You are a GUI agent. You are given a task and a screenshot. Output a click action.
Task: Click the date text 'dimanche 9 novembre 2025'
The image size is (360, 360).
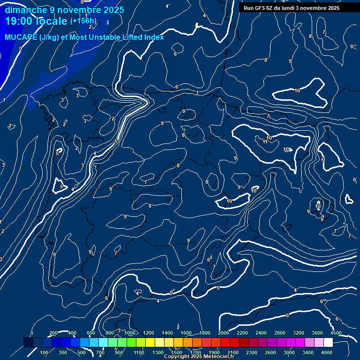click(x=64, y=10)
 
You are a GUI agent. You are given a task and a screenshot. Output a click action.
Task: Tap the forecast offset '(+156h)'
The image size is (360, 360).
click(x=83, y=21)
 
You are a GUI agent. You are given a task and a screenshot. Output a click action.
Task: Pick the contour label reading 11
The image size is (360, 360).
click(x=265, y=142)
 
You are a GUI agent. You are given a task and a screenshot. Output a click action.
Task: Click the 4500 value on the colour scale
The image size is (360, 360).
click(x=336, y=333)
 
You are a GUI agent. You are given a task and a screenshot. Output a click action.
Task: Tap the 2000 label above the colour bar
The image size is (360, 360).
click(x=224, y=333)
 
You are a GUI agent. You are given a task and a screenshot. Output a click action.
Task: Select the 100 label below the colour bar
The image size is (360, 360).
click(x=45, y=352)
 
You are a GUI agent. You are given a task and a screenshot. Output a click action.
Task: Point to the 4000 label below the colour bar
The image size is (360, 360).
click(x=327, y=352)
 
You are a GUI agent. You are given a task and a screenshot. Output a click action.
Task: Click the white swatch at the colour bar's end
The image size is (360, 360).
click(x=328, y=343)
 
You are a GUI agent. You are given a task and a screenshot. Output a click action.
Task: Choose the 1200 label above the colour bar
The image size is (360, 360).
click(x=148, y=333)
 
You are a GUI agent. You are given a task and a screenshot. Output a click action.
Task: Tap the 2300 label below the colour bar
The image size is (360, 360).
click(x=252, y=352)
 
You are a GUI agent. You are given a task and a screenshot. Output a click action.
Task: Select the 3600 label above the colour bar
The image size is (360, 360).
click(x=317, y=333)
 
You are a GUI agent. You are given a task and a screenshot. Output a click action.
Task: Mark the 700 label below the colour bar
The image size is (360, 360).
click(x=100, y=352)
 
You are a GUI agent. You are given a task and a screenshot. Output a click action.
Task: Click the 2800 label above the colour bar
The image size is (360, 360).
click(x=280, y=333)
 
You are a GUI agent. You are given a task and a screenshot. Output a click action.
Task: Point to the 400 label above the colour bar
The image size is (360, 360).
click(x=72, y=333)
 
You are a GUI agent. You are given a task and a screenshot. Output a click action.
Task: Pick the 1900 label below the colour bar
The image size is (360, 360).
click(x=214, y=352)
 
